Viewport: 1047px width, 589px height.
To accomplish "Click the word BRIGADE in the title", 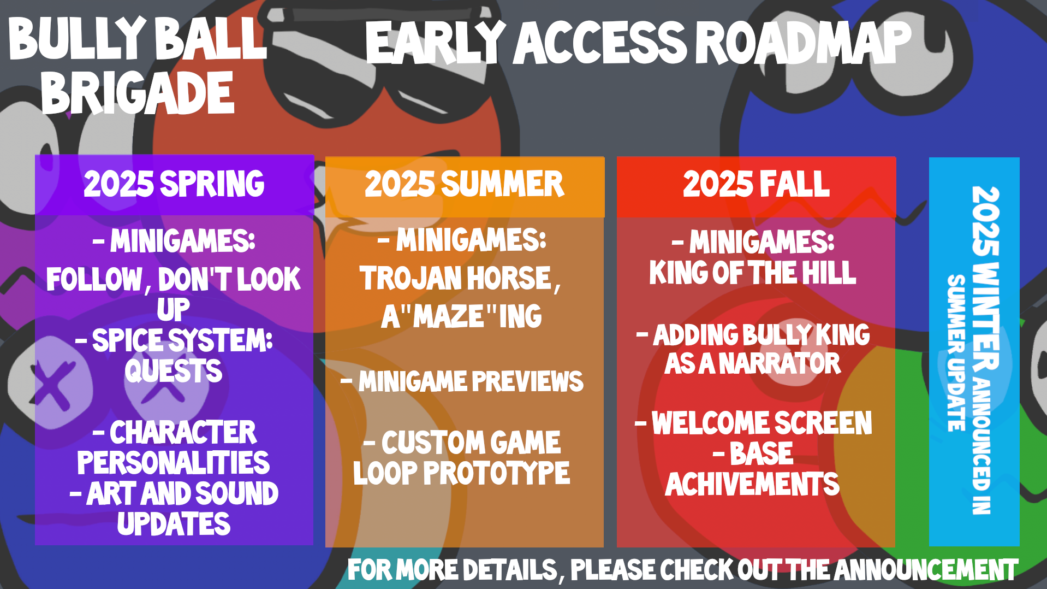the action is (138, 93).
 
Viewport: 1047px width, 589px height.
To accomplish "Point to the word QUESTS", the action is (174, 371).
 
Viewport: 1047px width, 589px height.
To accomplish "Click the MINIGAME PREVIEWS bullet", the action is (462, 381).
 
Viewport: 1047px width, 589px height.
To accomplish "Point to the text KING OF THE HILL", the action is (753, 273).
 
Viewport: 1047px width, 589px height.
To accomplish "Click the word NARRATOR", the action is (780, 363).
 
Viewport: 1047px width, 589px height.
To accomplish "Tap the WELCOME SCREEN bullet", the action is (754, 423).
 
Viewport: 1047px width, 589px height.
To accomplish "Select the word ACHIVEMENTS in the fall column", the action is (752, 484).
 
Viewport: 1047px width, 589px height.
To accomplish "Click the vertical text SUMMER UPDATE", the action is (956, 353).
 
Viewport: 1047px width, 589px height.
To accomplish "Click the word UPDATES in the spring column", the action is (174, 523).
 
